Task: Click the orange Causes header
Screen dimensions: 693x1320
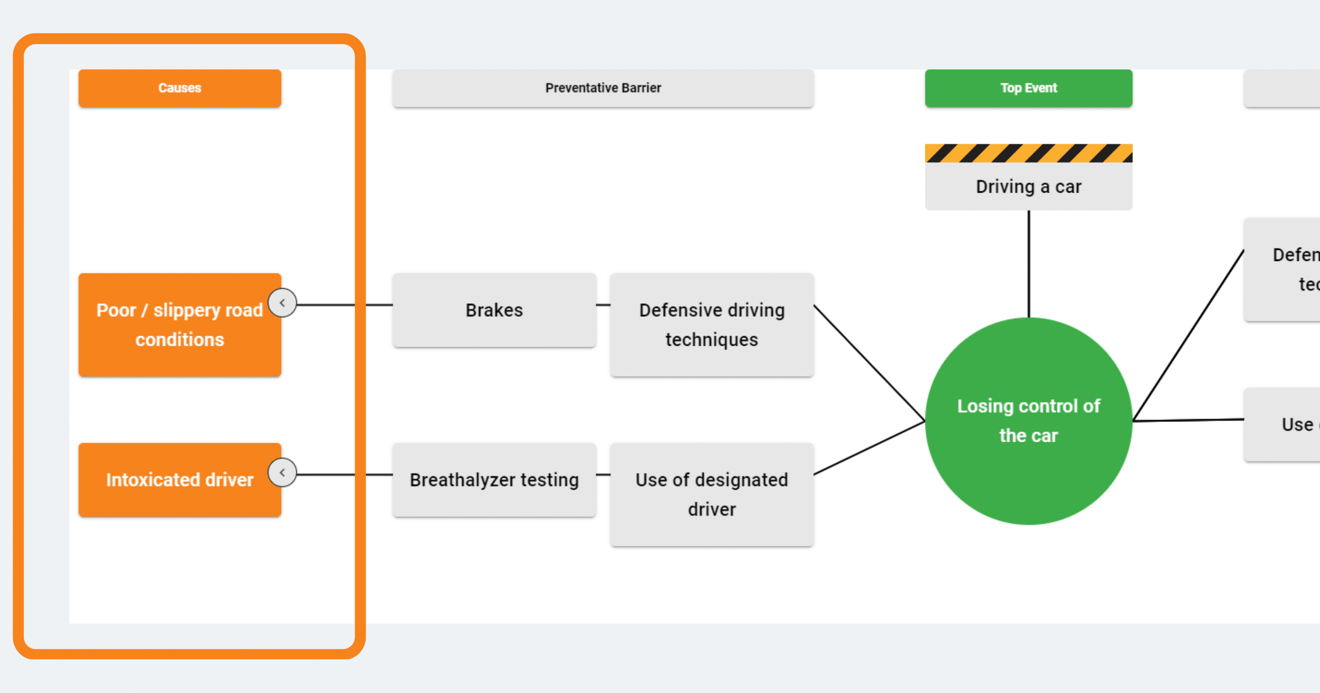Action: [180, 88]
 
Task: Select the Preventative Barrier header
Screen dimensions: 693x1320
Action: [603, 88]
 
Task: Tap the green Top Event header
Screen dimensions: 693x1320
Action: [1028, 88]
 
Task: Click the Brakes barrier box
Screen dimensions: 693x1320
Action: [494, 310]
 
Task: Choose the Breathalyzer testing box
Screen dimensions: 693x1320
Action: [494, 480]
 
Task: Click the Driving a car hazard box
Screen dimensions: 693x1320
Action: [1028, 187]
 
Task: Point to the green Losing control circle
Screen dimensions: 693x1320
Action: [1028, 421]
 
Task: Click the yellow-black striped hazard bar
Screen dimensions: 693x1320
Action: [1028, 153]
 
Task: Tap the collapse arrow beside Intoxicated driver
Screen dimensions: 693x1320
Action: [282, 473]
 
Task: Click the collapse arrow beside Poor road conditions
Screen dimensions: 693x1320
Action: [282, 303]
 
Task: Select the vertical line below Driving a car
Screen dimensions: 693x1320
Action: [1028, 264]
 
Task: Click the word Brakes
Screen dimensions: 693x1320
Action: [494, 310]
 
